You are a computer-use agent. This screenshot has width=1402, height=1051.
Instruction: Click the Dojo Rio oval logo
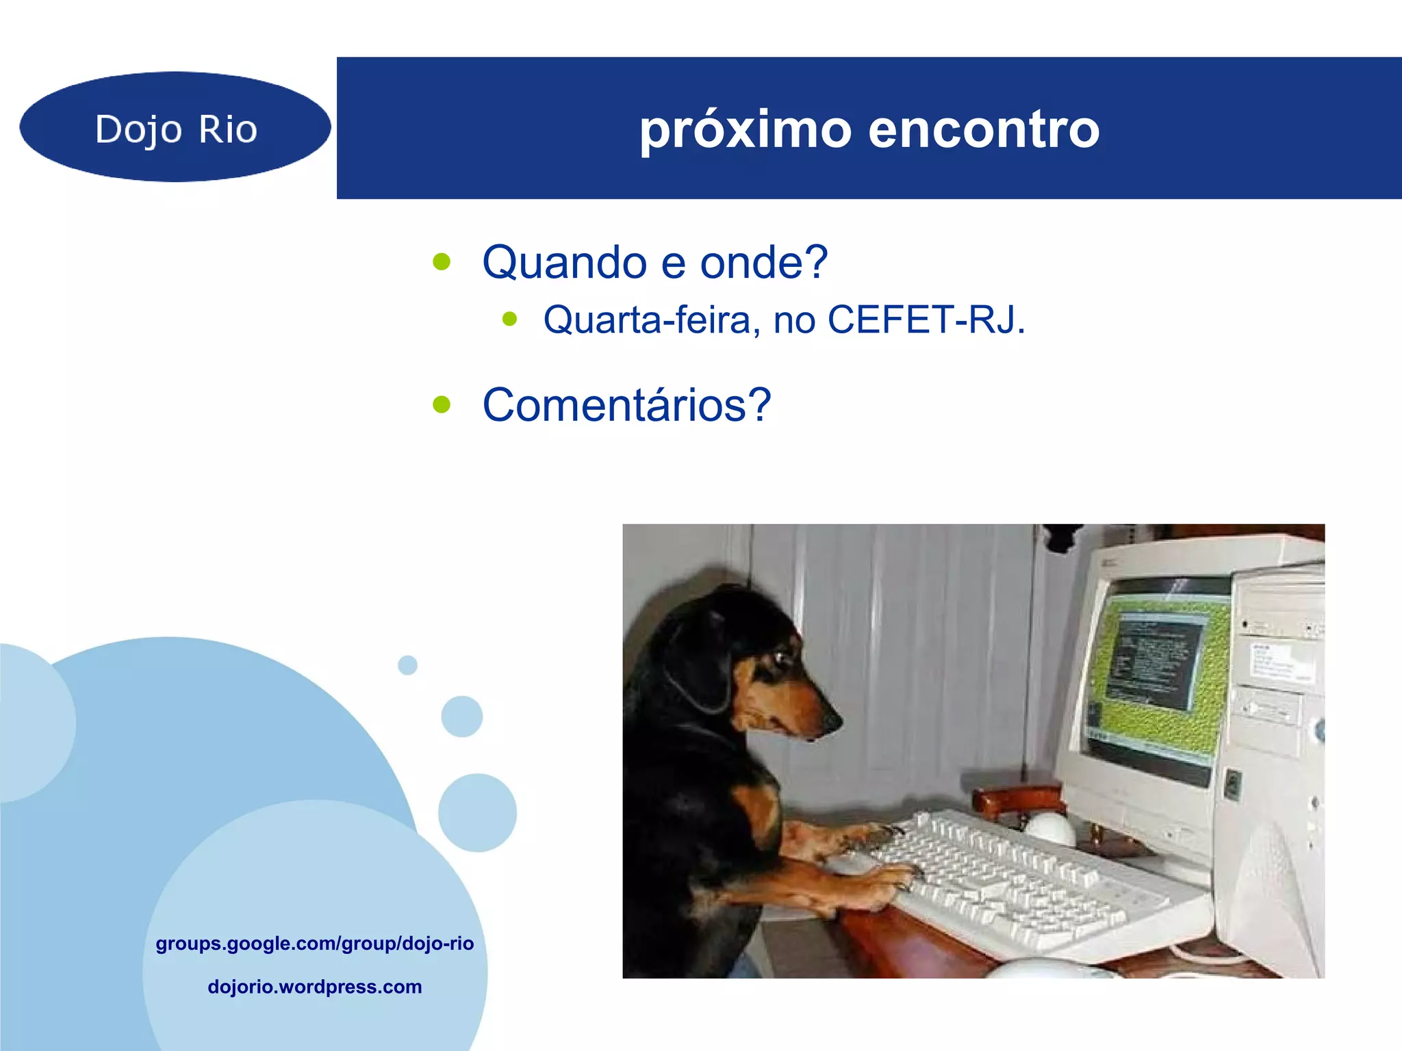[x=175, y=127]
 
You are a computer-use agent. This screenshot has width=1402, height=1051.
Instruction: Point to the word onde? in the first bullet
[x=763, y=262]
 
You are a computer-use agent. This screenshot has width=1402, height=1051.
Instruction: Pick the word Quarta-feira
[x=651, y=320]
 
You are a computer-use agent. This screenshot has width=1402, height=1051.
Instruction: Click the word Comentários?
[x=626, y=405]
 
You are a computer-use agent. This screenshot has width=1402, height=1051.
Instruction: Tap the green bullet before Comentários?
[x=442, y=404]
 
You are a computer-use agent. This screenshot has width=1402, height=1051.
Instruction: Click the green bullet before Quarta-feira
[x=509, y=319]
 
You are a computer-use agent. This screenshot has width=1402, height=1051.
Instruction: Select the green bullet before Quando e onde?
[x=442, y=261]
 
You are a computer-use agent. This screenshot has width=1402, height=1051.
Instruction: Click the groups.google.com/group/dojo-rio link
[x=314, y=944]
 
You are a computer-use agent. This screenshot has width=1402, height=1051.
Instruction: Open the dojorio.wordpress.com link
[x=314, y=987]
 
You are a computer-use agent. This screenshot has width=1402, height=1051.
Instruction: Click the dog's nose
[x=832, y=720]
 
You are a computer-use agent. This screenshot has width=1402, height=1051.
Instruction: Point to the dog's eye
[x=781, y=658]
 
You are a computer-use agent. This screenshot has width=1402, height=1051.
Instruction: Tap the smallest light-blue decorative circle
[x=407, y=665]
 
